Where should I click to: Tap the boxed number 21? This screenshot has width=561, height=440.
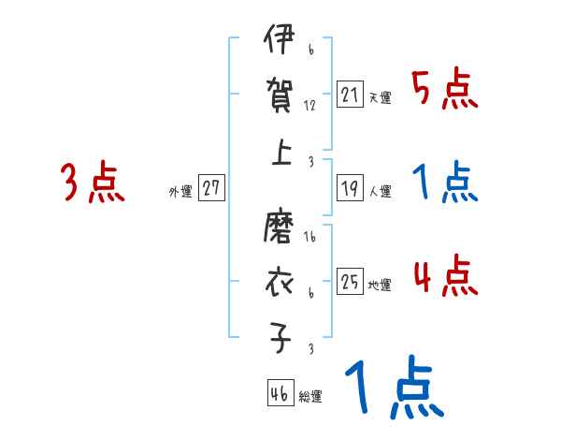click(350, 94)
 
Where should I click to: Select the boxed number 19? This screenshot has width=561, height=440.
click(350, 188)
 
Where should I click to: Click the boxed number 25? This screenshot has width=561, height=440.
click(350, 280)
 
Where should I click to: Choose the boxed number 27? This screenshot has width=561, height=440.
click(211, 187)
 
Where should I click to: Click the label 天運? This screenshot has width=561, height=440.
click(380, 97)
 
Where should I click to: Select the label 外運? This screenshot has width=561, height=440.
click(180, 191)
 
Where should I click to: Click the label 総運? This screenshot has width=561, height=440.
click(310, 397)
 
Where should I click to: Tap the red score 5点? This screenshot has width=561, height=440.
click(445, 90)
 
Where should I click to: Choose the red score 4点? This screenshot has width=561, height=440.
click(445, 277)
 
